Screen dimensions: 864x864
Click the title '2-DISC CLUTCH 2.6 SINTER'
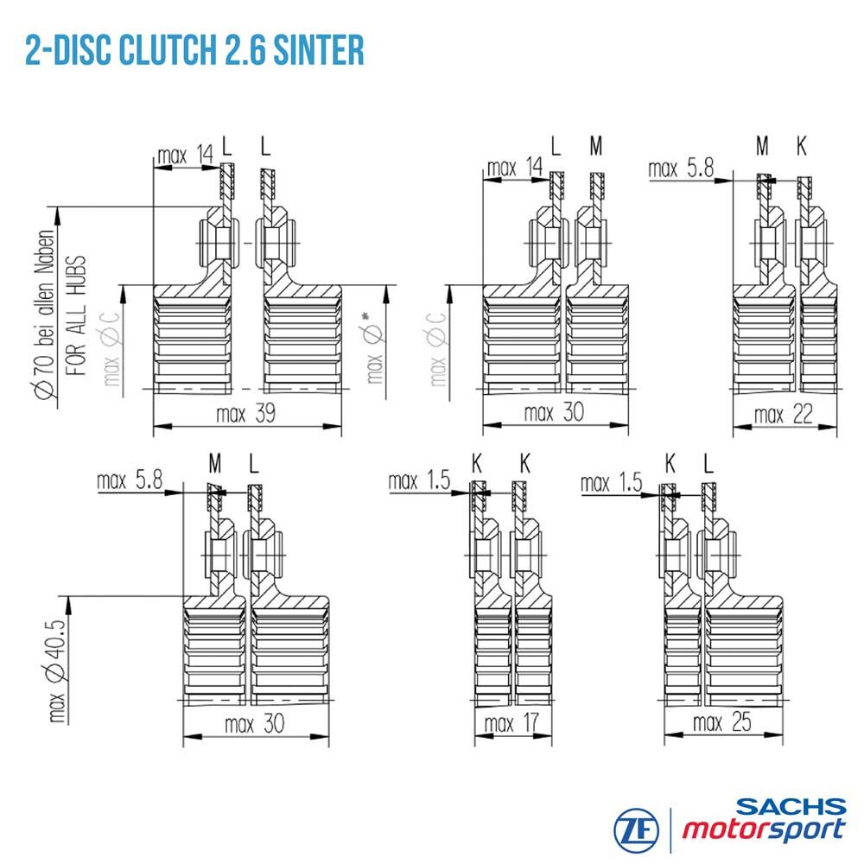click(194, 50)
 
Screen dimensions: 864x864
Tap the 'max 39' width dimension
click(245, 413)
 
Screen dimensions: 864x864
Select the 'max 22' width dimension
click(783, 415)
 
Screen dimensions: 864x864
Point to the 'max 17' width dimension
click(511, 723)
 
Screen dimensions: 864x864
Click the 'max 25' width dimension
click(721, 721)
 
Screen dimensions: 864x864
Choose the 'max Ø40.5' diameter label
click(57, 670)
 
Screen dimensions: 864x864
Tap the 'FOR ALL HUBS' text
click(76, 315)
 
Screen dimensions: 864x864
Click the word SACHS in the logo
click(791, 807)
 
